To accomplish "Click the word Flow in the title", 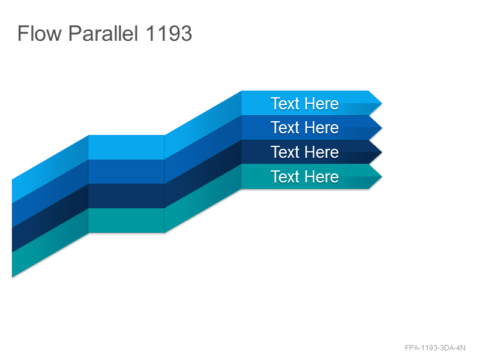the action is pyautogui.click(x=40, y=34).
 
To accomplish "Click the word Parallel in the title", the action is pyautogui.click(x=103, y=34).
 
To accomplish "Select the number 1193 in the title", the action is pyautogui.click(x=169, y=34).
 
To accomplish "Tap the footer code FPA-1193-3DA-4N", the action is pyautogui.click(x=435, y=348).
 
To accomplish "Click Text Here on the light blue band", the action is pyautogui.click(x=305, y=103).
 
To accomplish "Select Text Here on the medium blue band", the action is pyautogui.click(x=305, y=127).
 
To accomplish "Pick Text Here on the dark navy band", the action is pyautogui.click(x=305, y=152).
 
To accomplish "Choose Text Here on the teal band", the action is pyautogui.click(x=305, y=176).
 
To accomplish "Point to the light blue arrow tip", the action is pyautogui.click(x=382, y=103).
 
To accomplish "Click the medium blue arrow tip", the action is pyautogui.click(x=382, y=128).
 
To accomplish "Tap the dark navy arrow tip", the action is pyautogui.click(x=382, y=152).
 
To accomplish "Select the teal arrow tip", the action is pyautogui.click(x=382, y=176).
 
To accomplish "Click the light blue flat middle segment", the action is pyautogui.click(x=127, y=147).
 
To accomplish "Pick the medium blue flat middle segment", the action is pyautogui.click(x=127, y=172).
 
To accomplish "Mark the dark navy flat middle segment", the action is pyautogui.click(x=127, y=196).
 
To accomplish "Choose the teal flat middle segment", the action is pyautogui.click(x=127, y=220).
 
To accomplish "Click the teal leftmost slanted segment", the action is pyautogui.click(x=50, y=243).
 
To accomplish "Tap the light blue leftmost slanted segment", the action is pyautogui.click(x=50, y=169).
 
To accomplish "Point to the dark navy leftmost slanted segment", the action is pyautogui.click(x=50, y=218).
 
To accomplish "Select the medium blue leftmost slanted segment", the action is pyautogui.click(x=50, y=193).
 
